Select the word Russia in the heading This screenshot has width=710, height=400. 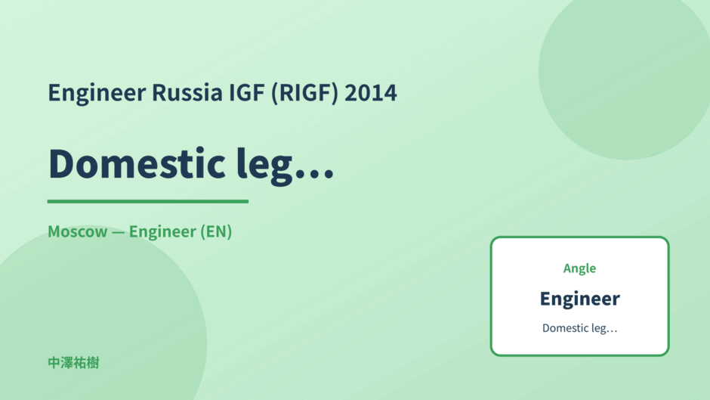pos(187,92)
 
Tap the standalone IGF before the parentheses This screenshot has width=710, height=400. pos(247,92)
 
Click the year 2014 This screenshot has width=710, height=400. pos(370,93)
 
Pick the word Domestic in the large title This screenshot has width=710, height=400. pos(137,163)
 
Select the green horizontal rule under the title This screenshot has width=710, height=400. pos(147,201)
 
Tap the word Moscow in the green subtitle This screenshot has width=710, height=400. pos(78,231)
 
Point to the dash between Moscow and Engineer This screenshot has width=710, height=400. pos(118,232)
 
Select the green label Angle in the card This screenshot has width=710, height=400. pos(579,268)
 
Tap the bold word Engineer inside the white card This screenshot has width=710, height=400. pos(579,299)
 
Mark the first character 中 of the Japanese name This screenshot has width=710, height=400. pos(54,363)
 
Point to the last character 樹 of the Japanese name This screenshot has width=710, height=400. pos(93,363)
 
